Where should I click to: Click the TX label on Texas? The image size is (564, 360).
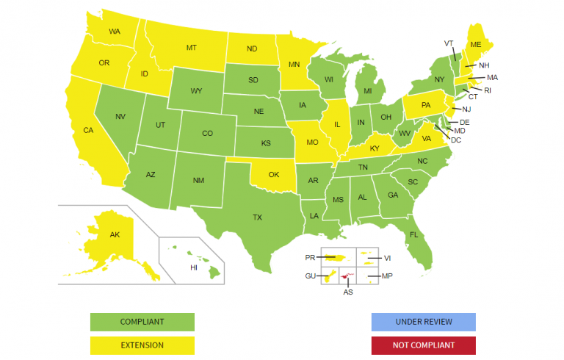(x=258, y=217)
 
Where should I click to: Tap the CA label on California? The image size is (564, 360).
(x=88, y=130)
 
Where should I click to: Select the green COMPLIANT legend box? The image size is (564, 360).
(x=142, y=322)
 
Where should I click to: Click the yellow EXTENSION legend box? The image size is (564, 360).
(x=142, y=345)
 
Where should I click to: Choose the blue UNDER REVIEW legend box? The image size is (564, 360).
(x=423, y=322)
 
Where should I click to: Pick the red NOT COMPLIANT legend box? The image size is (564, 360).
(x=423, y=345)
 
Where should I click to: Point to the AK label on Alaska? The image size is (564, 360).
(x=115, y=235)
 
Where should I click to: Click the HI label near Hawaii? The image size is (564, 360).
(x=194, y=268)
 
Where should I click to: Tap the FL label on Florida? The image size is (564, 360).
(x=414, y=235)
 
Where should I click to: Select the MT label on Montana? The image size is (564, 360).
(x=191, y=48)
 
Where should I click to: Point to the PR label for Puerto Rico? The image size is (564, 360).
(x=310, y=258)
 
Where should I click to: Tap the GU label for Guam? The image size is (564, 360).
(x=310, y=276)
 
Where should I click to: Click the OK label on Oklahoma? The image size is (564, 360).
(x=274, y=175)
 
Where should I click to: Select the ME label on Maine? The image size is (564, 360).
(x=476, y=45)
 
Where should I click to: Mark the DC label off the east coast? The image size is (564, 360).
(x=455, y=140)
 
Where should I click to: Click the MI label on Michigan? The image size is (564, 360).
(x=369, y=92)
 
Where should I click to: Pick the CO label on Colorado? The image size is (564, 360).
(x=207, y=134)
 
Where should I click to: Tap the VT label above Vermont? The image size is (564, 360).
(x=449, y=43)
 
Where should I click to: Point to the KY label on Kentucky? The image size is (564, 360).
(x=375, y=148)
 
